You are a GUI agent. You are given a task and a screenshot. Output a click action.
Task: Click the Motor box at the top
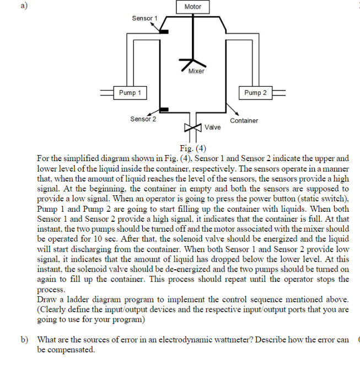(192, 7)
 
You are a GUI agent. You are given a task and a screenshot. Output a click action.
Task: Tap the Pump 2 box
(255, 93)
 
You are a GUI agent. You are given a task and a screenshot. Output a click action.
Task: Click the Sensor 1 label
(144, 18)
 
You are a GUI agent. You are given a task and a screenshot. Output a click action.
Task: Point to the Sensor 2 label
(143, 119)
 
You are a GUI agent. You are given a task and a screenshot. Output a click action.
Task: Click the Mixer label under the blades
(196, 71)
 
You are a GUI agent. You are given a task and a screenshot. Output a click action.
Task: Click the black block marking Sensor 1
(164, 31)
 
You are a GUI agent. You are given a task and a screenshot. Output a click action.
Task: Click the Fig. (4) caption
(192, 147)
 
